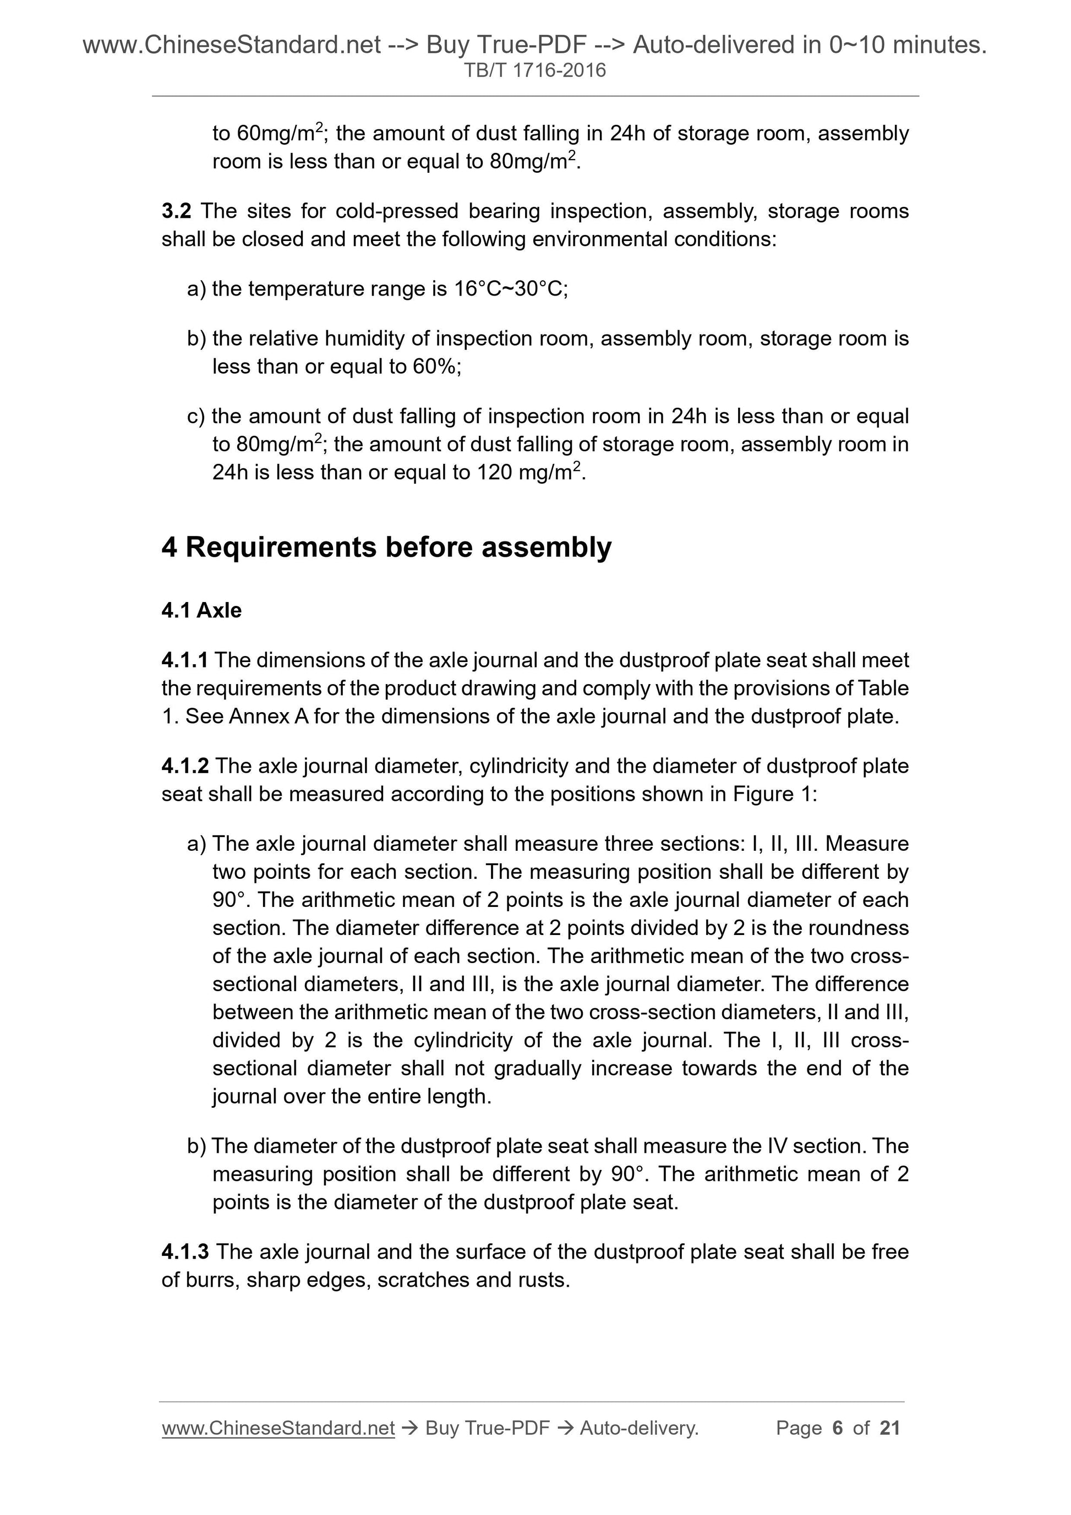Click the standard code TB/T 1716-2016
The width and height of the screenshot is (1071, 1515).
[534, 70]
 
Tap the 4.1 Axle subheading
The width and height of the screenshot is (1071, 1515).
[201, 610]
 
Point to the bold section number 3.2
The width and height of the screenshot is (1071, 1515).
[176, 211]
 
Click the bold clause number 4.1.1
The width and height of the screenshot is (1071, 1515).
[185, 660]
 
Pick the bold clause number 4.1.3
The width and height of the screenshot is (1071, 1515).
[185, 1253]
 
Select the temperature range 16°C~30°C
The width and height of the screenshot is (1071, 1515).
[510, 289]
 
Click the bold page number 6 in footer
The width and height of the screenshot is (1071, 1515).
[838, 1429]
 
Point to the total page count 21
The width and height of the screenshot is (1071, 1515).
[890, 1429]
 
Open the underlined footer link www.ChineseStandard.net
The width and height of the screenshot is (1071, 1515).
[278, 1429]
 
